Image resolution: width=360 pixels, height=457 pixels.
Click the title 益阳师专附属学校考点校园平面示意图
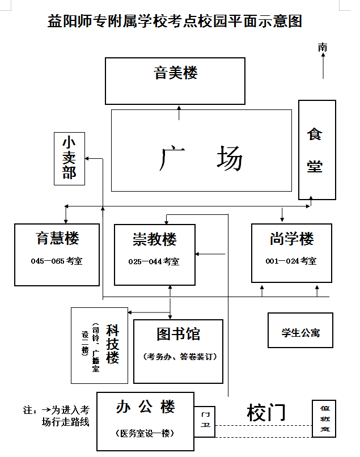click(175, 22)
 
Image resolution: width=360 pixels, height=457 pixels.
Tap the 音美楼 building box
click(175, 80)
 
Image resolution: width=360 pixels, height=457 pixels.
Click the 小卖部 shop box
click(69, 158)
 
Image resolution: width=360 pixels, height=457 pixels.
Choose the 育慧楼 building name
click(57, 238)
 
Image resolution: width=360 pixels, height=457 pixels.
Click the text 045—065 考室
click(57, 261)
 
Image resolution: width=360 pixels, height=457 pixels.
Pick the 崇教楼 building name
click(155, 240)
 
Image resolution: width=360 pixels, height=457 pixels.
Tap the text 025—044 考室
click(154, 262)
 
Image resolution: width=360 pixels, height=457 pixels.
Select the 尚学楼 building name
click(291, 239)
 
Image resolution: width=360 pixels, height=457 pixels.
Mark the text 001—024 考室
click(291, 261)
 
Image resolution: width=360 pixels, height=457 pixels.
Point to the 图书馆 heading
click(179, 334)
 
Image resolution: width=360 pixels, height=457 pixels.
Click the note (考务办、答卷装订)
click(179, 357)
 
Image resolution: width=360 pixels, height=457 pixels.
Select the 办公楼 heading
click(146, 407)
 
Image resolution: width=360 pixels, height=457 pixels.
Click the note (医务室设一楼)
click(146, 433)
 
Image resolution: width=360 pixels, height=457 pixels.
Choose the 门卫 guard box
click(205, 421)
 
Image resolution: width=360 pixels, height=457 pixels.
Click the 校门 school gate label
click(266, 413)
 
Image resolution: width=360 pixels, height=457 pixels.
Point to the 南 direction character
click(323, 47)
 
